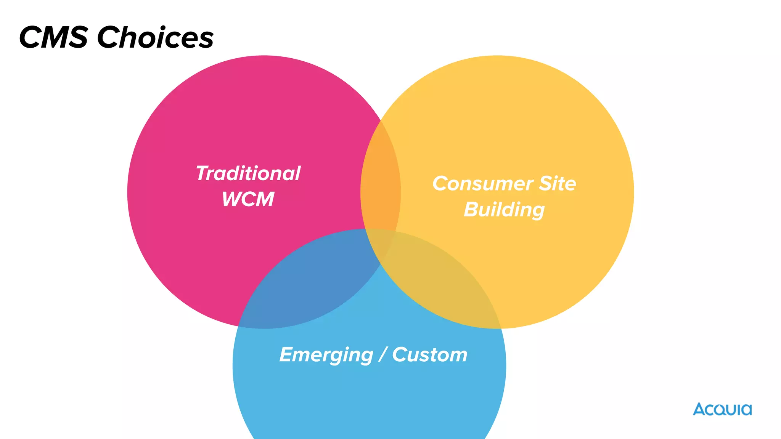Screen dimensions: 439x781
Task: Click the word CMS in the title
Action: (x=53, y=37)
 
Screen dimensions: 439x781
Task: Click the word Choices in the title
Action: (x=155, y=37)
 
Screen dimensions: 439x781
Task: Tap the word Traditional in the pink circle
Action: (x=248, y=173)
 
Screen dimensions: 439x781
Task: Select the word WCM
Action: (x=248, y=199)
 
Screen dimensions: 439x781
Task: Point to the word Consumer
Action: (x=482, y=184)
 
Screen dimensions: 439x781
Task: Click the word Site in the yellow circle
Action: (x=557, y=184)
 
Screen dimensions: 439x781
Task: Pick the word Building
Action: (x=504, y=210)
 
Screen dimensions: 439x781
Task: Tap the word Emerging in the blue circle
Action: (x=326, y=355)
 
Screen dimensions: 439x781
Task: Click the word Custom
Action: (x=429, y=355)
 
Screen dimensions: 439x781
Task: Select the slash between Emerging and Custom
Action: (x=383, y=355)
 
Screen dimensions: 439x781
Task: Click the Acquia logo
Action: (x=722, y=409)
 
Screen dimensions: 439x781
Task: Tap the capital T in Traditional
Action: (x=202, y=173)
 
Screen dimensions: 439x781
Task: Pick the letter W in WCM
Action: (x=232, y=199)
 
